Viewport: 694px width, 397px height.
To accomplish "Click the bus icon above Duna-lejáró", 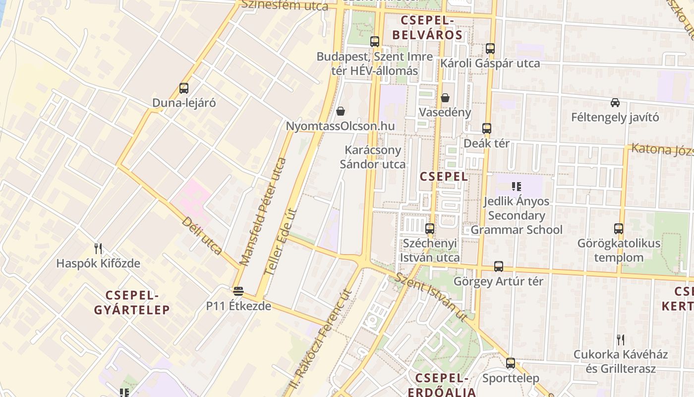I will [x=184, y=88].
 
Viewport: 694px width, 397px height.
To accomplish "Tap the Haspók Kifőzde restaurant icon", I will [x=98, y=249].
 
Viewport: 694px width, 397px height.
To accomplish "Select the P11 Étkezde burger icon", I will [x=238, y=291].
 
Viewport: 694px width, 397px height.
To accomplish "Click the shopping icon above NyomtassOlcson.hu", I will [x=341, y=111].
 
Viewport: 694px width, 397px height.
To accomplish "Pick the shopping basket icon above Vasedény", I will [x=445, y=97].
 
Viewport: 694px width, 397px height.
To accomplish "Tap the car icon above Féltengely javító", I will [x=615, y=103].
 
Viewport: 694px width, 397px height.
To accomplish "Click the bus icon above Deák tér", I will [x=487, y=129].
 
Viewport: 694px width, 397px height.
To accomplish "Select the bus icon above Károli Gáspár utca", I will [x=490, y=49].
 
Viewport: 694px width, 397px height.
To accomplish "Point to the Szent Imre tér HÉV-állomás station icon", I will [x=375, y=42].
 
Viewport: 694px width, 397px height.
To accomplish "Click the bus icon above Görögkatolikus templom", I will [x=619, y=229].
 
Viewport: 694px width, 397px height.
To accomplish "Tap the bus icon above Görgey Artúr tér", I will [x=499, y=266].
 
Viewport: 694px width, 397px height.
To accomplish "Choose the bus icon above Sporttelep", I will [x=511, y=363].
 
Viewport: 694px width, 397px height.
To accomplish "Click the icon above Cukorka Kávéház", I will [x=620, y=340].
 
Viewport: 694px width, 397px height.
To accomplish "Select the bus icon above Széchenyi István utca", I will [x=430, y=229].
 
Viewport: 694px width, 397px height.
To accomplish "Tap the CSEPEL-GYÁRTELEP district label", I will [x=132, y=303].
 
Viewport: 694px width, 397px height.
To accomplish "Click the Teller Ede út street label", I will [x=281, y=242].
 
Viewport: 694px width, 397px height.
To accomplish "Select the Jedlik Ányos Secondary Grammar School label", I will [x=516, y=215].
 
